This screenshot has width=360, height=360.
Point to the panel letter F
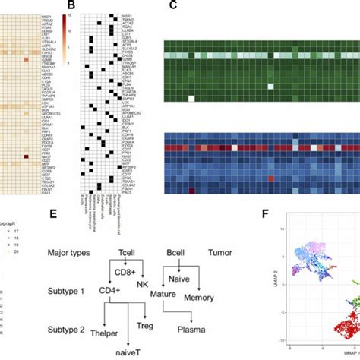point(267,216)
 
